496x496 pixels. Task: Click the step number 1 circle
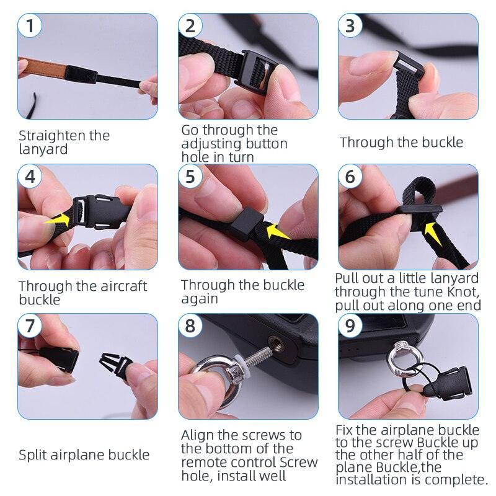tap(31, 27)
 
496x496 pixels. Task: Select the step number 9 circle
tap(351, 325)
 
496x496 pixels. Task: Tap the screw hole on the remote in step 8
tap(273, 338)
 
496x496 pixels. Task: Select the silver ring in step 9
tap(399, 360)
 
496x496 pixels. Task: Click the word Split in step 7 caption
tap(31, 454)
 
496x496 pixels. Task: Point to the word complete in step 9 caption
tap(454, 479)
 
